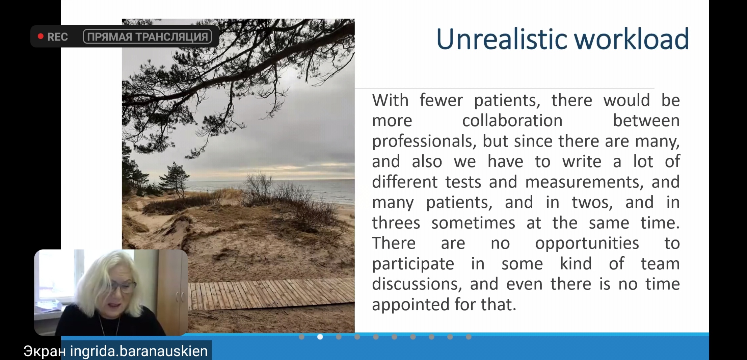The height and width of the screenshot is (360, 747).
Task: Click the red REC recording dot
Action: pyautogui.click(x=41, y=36)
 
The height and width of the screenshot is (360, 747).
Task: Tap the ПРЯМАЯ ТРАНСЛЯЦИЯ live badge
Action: pyautogui.click(x=148, y=36)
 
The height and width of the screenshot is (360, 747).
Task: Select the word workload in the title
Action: pyautogui.click(x=631, y=39)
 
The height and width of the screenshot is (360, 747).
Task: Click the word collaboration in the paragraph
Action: pyautogui.click(x=512, y=121)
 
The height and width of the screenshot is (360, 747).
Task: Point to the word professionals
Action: pyautogui.click(x=424, y=141)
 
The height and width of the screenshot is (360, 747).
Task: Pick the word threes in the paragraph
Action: pyautogui.click(x=396, y=223)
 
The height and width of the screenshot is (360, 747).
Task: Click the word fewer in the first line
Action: pyautogui.click(x=441, y=100)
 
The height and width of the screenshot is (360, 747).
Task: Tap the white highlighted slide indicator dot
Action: pyautogui.click(x=320, y=337)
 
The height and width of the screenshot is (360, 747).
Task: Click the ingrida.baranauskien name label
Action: pyautogui.click(x=139, y=351)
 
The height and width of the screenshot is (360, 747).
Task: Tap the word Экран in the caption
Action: pyautogui.click(x=45, y=351)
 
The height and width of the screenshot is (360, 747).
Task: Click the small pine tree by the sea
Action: pyautogui.click(x=175, y=179)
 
